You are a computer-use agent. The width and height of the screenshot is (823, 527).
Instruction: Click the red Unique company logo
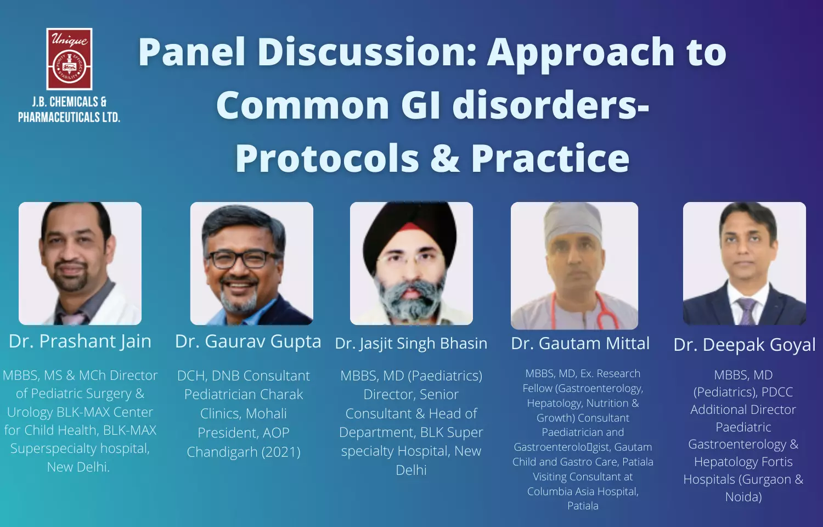[x=69, y=59]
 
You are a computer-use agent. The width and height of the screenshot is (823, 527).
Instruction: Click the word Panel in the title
[x=191, y=52]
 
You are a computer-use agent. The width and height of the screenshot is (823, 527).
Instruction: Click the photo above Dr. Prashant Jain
[x=80, y=263]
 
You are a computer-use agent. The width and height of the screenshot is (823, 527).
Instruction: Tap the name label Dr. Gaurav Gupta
[x=248, y=342]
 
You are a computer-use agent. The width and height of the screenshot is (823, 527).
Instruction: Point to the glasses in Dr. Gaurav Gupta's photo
[x=243, y=259]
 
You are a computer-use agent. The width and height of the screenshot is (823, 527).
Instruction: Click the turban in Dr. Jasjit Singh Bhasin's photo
[x=410, y=232]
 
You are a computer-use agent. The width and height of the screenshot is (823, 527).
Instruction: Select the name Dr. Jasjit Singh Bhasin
[x=411, y=344]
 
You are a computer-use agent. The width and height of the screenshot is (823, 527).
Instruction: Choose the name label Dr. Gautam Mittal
[x=580, y=344]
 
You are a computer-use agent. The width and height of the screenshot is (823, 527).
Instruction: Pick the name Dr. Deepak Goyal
[x=745, y=345]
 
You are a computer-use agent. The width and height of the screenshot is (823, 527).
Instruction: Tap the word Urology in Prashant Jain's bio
[x=30, y=412]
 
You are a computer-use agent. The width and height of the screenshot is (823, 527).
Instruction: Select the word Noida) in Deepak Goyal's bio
[x=743, y=497]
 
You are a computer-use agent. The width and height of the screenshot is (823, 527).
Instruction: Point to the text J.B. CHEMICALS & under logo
[x=69, y=102]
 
